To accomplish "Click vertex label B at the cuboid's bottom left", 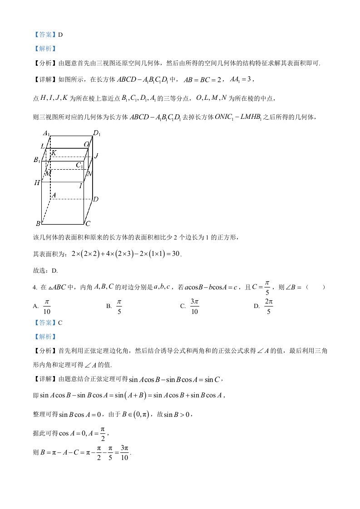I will [x=38, y=224].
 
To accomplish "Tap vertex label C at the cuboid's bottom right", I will [x=88, y=224].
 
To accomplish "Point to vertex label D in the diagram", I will [x=96, y=199].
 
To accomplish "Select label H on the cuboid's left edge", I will [x=37, y=183].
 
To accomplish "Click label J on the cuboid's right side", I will [x=96, y=156].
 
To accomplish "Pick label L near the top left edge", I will [x=42, y=146].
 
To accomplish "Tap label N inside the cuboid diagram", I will [x=89, y=173].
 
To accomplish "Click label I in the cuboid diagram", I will [x=81, y=185].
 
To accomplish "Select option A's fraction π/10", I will [x=47, y=306].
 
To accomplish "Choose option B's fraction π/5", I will [x=119, y=306].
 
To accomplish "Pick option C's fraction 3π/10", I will [x=195, y=306].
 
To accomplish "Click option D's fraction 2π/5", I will [x=269, y=306].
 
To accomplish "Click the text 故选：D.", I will [x=46, y=271].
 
